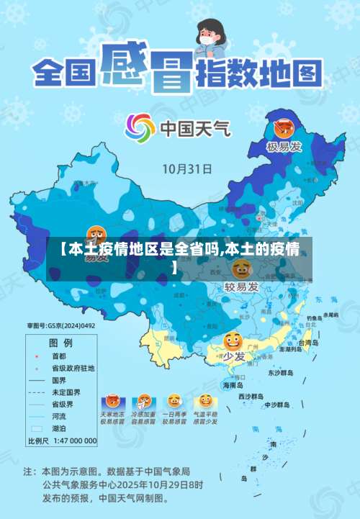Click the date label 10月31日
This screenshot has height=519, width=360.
tap(186, 170)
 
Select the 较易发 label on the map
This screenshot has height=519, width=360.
tap(241, 286)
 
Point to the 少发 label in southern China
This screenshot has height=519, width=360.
tap(233, 356)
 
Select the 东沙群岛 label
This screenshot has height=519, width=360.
tap(281, 373)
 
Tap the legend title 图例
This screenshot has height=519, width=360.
tap(60, 343)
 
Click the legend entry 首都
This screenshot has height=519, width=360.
tap(58, 356)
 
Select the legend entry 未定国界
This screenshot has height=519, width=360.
tap(65, 392)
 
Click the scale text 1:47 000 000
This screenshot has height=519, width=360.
tap(72, 440)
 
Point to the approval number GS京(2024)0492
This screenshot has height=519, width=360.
tap(61, 326)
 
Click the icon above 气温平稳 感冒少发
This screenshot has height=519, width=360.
tap(206, 400)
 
